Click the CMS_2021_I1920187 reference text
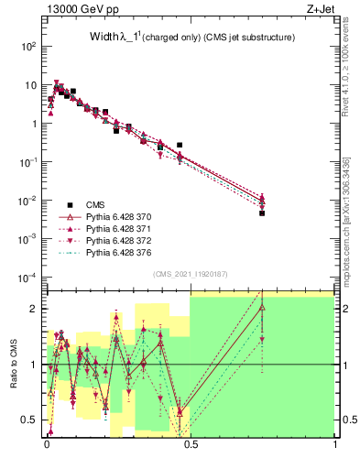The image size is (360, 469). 190,274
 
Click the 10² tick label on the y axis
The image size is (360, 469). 28,46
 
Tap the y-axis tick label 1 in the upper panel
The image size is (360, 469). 34,123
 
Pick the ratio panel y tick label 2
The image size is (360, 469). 34,309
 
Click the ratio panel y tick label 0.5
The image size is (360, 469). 29,420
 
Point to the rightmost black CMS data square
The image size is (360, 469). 262,213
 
